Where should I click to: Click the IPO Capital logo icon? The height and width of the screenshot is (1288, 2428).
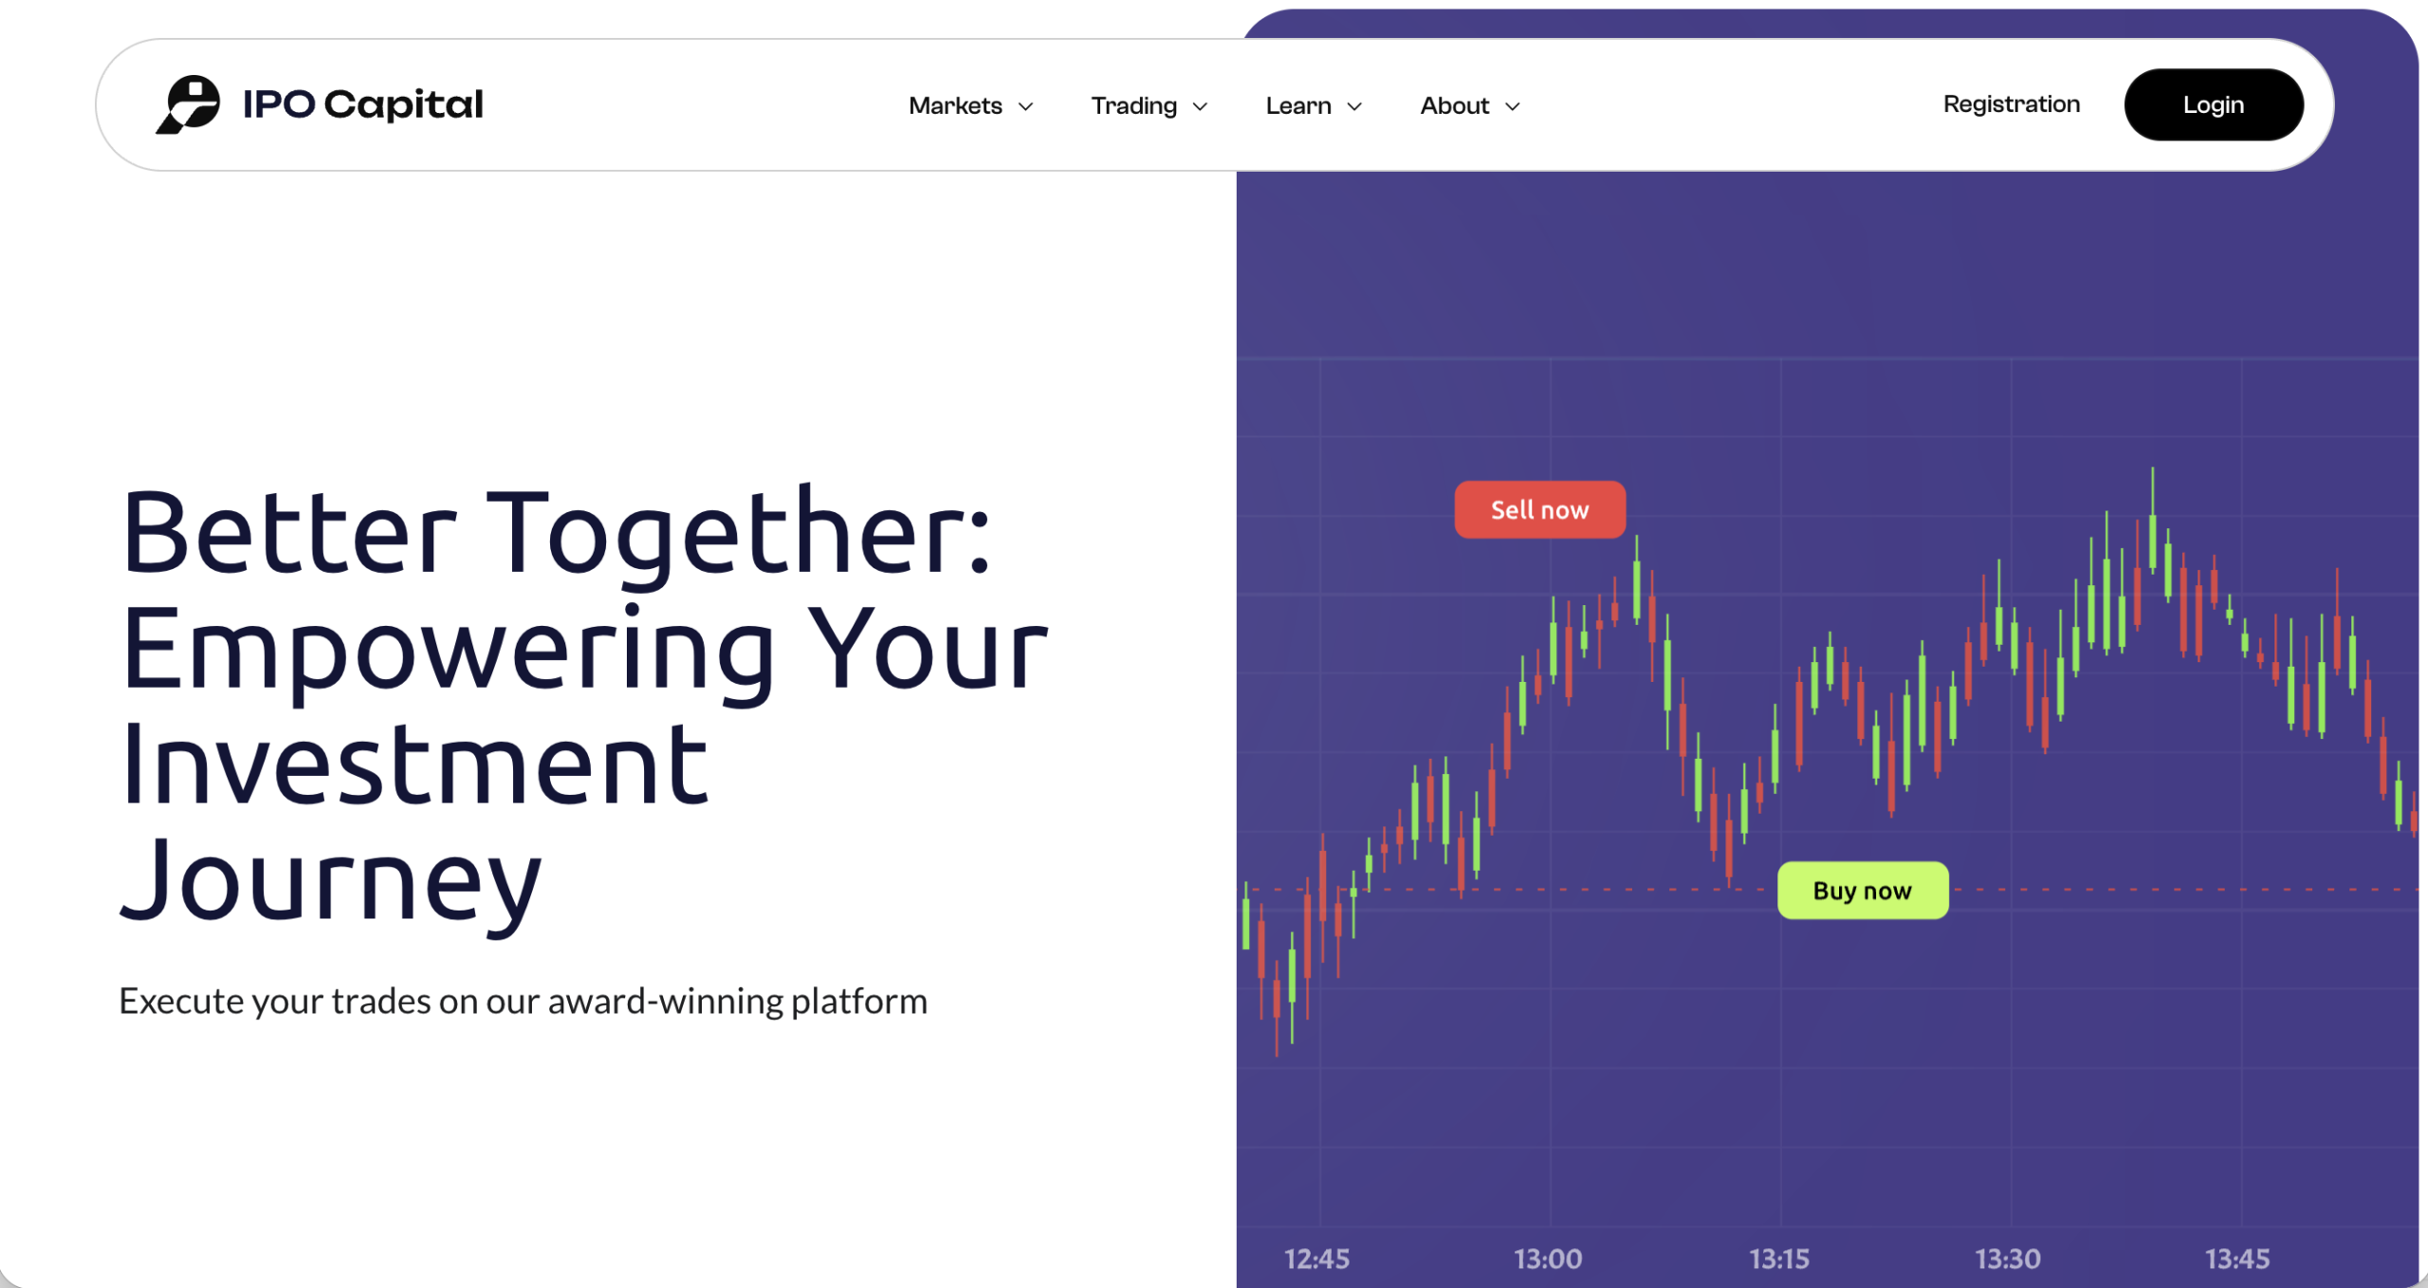point(188,104)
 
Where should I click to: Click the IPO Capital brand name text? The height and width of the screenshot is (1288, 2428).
point(363,104)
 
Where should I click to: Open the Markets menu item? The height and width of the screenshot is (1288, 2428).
point(955,105)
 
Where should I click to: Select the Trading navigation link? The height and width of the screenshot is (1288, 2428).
point(1133,105)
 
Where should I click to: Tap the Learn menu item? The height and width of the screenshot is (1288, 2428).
point(1298,105)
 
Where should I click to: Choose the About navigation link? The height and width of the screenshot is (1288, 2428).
point(1454,105)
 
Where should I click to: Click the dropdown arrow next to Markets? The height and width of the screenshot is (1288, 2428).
point(1025,106)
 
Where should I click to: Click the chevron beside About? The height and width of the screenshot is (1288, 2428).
point(1513,106)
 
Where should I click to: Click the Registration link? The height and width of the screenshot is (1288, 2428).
point(2011,104)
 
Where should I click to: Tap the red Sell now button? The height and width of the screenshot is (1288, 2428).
point(1539,510)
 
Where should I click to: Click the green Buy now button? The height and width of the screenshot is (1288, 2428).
point(1862,891)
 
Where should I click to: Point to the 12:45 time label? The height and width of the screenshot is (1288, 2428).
point(1316,1259)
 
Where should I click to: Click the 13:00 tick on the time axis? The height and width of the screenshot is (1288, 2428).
point(1548,1259)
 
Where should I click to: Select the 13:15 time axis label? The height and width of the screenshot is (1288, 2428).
point(1779,1259)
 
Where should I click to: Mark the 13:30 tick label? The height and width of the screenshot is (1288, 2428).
point(2008,1259)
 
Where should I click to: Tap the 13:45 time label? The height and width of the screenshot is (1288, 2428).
point(2237,1259)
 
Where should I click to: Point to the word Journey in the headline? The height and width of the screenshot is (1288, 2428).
point(331,882)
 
